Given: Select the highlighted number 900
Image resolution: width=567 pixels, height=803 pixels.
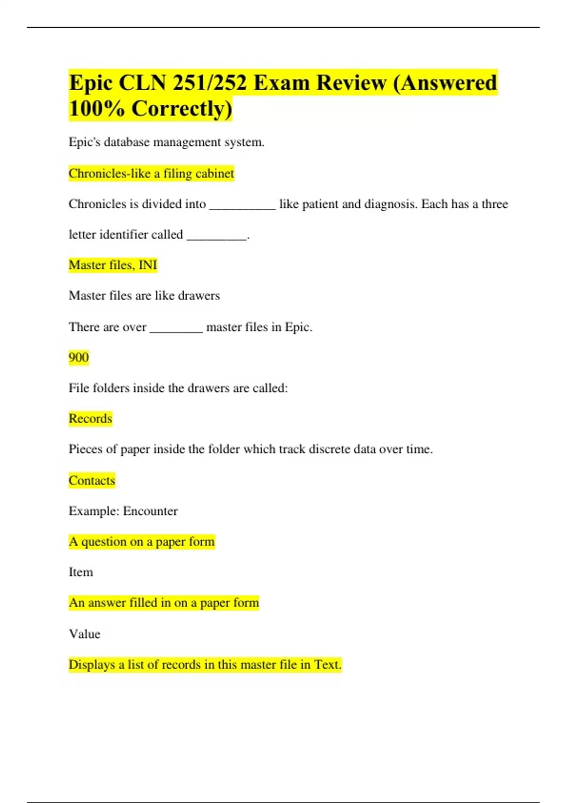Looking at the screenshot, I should pos(78,357).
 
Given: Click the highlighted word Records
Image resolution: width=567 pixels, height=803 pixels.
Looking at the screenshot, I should pos(90,419).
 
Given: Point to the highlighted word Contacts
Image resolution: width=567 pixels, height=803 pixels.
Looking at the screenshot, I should pos(92,480).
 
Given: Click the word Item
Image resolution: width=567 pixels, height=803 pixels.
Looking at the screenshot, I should pos(81,572).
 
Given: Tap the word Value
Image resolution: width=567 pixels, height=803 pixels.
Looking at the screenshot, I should pos(85,634).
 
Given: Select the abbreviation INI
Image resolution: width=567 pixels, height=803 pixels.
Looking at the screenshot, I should pos(147,265).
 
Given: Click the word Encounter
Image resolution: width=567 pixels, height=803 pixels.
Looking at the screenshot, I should pos(150,511).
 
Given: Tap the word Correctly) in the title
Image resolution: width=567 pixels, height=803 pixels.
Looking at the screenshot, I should pos(182,109).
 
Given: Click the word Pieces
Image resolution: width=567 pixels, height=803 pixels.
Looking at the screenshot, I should pos(86,449).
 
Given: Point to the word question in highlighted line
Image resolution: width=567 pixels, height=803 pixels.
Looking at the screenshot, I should pos(107,542).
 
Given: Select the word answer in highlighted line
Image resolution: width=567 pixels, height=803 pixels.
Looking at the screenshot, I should pos(107,603).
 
